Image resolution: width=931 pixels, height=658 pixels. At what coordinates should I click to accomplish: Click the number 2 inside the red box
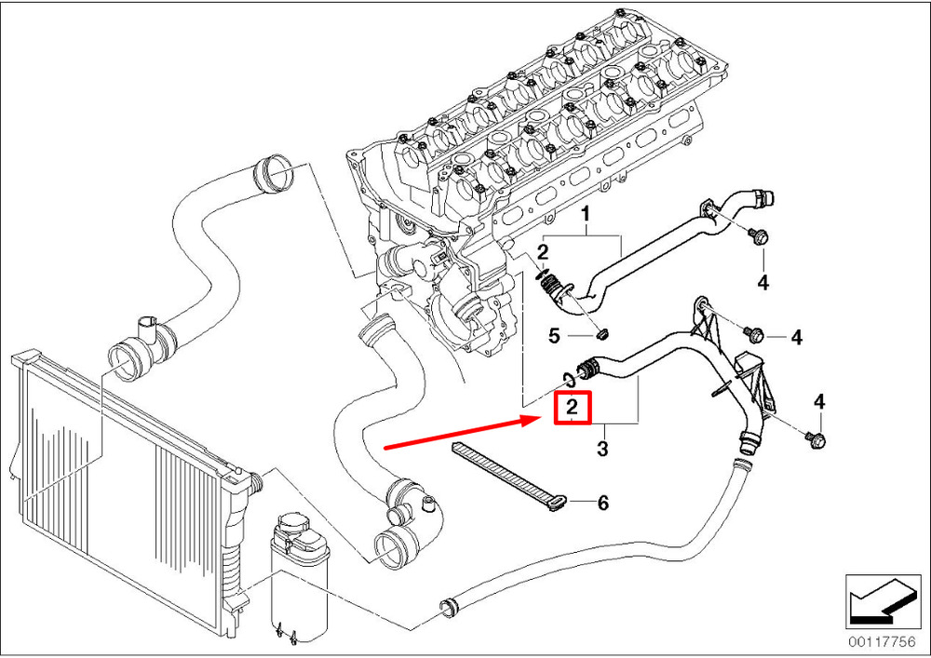click(x=572, y=408)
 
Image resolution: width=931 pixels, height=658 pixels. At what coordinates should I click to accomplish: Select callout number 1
click(x=587, y=217)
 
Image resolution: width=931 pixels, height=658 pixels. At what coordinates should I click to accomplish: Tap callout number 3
click(x=601, y=450)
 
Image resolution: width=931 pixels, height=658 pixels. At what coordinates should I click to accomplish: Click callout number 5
click(x=553, y=335)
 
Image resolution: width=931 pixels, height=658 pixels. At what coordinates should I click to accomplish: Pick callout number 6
click(x=602, y=503)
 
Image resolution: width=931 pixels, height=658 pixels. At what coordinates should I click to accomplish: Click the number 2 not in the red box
click(x=542, y=251)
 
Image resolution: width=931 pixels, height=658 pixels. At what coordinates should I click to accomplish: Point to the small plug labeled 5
click(x=600, y=332)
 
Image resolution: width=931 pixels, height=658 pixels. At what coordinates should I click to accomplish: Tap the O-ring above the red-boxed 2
click(x=567, y=377)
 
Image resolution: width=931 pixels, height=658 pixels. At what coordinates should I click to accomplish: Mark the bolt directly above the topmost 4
click(x=757, y=236)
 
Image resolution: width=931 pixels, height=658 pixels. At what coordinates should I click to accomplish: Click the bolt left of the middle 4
click(x=753, y=332)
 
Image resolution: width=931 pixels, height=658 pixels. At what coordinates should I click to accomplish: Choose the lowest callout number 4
click(x=819, y=402)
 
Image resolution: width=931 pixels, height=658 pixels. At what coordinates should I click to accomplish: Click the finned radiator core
click(x=112, y=465)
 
